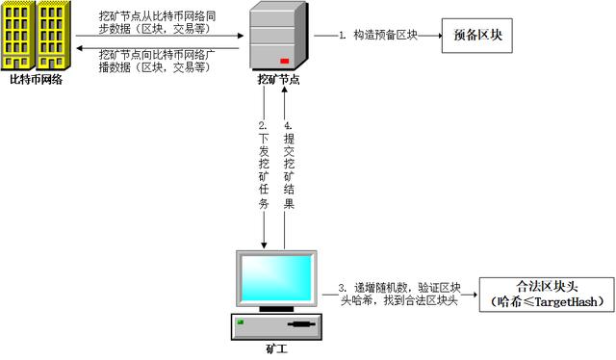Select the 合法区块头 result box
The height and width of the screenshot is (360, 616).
coord(546,295)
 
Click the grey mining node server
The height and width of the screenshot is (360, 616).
coord(277,37)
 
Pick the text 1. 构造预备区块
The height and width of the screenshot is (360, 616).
coord(374,36)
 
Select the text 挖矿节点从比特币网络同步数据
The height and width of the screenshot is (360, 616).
coord(158,24)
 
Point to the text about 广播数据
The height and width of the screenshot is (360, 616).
coord(158,61)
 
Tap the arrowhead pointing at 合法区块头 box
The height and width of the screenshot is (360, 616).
coord(475,296)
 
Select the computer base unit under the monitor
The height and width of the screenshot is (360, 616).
coord(276,327)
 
